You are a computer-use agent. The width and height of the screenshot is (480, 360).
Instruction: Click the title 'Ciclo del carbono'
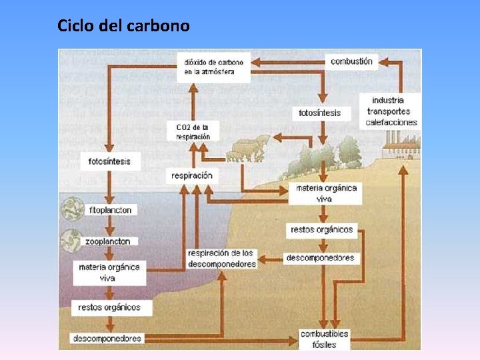point(123,26)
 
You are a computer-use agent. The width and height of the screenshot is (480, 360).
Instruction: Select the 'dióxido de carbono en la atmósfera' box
point(213,67)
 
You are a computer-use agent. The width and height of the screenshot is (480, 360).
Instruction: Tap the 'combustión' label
point(352,61)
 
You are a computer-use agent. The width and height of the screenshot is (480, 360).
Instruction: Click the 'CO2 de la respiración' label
point(193,131)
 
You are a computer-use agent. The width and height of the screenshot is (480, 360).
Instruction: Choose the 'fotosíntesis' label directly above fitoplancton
point(109,161)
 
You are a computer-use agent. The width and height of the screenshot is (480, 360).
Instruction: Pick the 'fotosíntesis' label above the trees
point(320,113)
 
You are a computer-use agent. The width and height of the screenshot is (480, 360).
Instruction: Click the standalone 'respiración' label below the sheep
point(192,175)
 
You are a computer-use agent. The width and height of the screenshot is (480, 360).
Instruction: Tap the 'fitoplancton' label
point(111,210)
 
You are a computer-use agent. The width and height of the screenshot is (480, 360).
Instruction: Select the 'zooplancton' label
point(107,241)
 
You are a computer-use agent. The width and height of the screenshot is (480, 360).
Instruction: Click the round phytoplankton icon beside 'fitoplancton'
point(70,210)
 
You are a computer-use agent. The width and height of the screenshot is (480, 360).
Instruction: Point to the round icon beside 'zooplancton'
point(70,240)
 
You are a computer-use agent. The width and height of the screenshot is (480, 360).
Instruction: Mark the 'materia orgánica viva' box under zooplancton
point(109,272)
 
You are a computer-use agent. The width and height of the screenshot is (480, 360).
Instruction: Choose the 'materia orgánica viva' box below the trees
point(327,193)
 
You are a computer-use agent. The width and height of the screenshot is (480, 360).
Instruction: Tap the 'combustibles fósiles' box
point(325,339)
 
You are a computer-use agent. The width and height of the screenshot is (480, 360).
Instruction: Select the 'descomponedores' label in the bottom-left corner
point(107,338)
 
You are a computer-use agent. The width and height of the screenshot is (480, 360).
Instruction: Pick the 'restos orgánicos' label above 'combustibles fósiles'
point(322,230)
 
